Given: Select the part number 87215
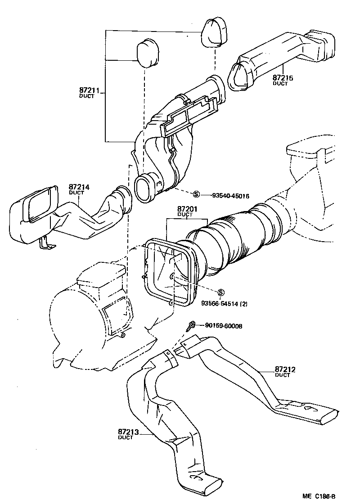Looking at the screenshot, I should tap(283, 78).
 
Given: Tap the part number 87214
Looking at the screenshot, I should tap(79, 187).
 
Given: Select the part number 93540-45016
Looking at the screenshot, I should tap(231, 196).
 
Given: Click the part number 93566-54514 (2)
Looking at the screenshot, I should tap(224, 304).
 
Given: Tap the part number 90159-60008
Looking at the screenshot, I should tap(223, 325).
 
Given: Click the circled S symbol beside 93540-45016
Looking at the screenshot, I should tap(196, 195).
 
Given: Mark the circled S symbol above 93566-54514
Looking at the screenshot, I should tap(220, 292).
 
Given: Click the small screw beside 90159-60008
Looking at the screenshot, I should tap(191, 326).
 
